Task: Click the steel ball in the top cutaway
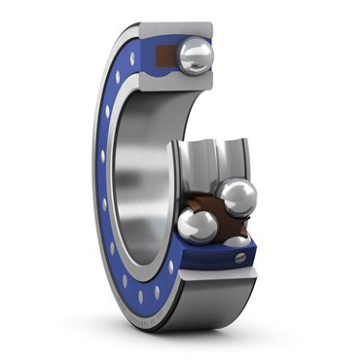(x=198, y=55)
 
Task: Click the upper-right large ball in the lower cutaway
(x=237, y=196)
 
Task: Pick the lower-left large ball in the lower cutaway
(x=198, y=225)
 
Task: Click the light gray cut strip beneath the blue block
(x=219, y=275)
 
